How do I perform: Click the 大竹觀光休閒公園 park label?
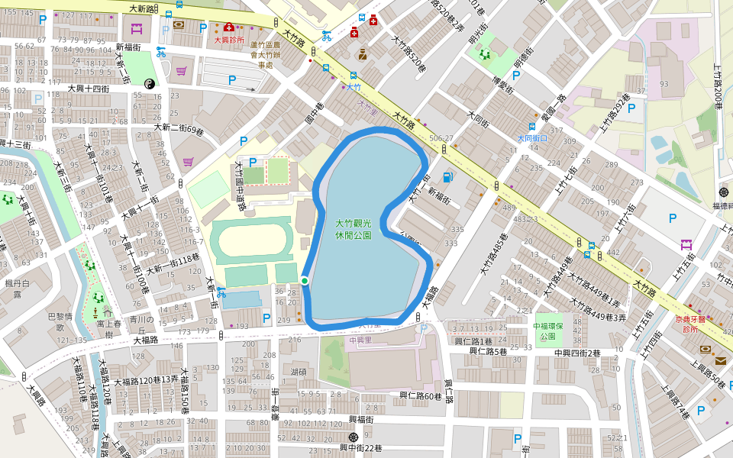pyautogui.click(x=353, y=229)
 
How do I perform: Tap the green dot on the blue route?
pyautogui.click(x=305, y=281)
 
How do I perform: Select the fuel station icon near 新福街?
pyautogui.click(x=447, y=177)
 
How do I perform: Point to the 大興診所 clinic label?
pyautogui.click(x=229, y=39)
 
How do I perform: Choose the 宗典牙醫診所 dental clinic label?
pyautogui.click(x=691, y=324)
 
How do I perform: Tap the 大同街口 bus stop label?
pyautogui.click(x=532, y=138)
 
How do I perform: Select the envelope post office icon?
pyautogui.click(x=720, y=361)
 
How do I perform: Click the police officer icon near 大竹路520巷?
pyautogui.click(x=363, y=54)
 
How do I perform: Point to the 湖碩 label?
pyautogui.click(x=299, y=373)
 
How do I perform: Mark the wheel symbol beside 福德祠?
pyautogui.click(x=724, y=192)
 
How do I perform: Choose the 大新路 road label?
pyautogui.click(x=143, y=8)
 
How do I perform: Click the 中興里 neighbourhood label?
pyautogui.click(x=359, y=340)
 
